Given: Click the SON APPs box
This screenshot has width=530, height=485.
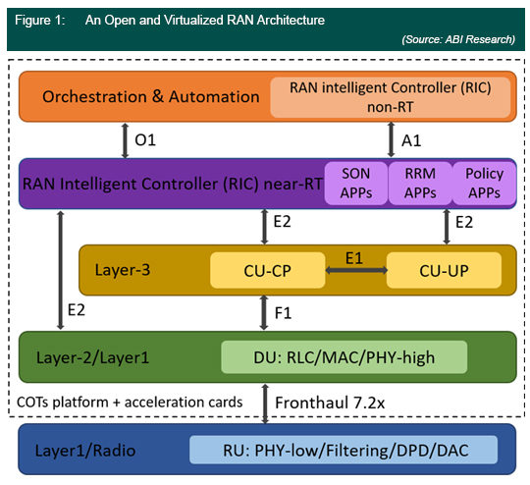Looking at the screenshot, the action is [x=356, y=184].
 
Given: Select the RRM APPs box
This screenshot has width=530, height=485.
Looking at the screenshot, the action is [x=420, y=184].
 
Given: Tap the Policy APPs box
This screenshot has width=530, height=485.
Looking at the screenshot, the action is [x=485, y=184].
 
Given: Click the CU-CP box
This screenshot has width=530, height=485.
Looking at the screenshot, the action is [x=267, y=270].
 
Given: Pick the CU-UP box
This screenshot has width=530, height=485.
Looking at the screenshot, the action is [x=444, y=270].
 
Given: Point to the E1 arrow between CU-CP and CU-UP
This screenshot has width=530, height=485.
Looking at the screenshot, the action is [x=356, y=270].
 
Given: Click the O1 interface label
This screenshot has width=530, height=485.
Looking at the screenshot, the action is [x=145, y=140].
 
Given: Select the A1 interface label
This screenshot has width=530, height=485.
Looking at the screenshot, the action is [x=411, y=140].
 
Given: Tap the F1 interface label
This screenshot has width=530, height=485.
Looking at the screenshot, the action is [x=283, y=313].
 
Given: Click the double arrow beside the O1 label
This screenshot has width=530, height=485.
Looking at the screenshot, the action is [x=125, y=140].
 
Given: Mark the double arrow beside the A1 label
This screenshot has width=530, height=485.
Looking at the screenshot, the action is [x=391, y=139].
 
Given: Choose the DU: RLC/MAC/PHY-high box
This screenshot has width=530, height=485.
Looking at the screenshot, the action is [x=344, y=357].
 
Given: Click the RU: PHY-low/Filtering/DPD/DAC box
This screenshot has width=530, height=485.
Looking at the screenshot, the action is [x=344, y=450].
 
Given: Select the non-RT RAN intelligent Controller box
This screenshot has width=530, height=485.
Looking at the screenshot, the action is [x=390, y=97].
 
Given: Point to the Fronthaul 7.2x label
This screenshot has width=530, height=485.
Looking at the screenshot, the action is [x=330, y=403].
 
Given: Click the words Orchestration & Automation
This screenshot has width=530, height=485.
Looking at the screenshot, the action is [x=151, y=97].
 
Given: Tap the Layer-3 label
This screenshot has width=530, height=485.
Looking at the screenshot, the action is [x=123, y=270].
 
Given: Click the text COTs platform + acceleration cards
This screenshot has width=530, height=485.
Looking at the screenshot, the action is [x=130, y=403].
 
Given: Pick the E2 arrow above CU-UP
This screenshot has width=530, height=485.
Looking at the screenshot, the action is [x=447, y=227].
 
